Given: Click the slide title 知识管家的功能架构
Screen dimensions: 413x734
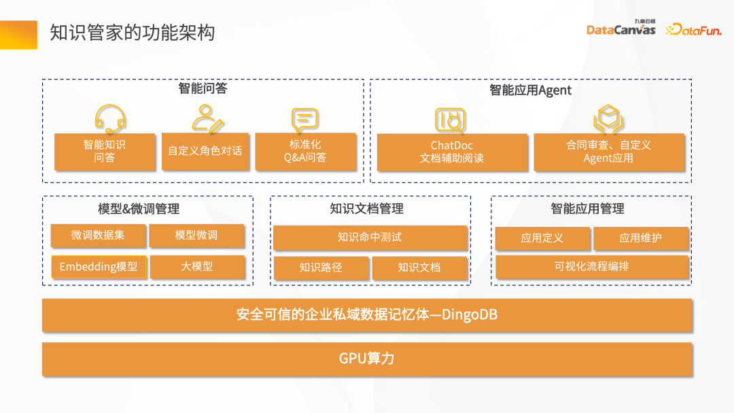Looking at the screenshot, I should click(x=133, y=33).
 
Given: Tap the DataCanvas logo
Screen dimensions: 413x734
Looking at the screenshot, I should click(x=621, y=29).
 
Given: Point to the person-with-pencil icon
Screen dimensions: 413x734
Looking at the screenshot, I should click(x=207, y=119).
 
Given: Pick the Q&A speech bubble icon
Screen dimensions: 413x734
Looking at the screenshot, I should click(x=304, y=120).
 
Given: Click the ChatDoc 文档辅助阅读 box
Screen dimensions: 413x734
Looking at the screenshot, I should click(x=452, y=152).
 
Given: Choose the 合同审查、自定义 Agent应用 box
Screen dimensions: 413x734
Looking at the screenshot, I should click(x=608, y=152).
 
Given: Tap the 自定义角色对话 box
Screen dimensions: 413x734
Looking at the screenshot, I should click(x=205, y=151).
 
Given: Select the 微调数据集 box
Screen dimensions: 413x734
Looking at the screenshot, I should click(x=98, y=235).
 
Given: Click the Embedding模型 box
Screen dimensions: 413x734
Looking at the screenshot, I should click(x=98, y=266).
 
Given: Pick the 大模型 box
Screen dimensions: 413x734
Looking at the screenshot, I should click(x=196, y=266).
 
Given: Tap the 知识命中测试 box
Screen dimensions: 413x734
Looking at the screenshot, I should click(x=370, y=237).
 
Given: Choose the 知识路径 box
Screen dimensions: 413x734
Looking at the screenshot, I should click(x=321, y=267).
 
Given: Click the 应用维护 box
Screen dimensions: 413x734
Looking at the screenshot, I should click(x=640, y=238).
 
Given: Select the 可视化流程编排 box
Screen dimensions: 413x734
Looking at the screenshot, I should click(x=591, y=266).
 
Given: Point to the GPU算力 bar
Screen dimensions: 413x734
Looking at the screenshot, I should click(x=367, y=358).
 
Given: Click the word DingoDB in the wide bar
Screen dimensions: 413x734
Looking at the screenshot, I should click(x=470, y=315).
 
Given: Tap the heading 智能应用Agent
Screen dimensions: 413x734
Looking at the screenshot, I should click(x=530, y=90).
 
